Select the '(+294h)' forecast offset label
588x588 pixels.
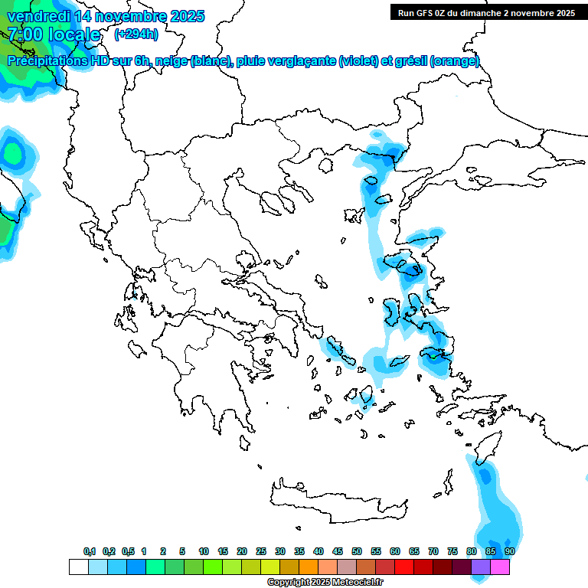pyautogui.click(x=136, y=34)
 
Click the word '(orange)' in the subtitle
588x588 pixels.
pyautogui.click(x=455, y=61)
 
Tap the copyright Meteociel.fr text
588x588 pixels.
pyautogui.click(x=325, y=583)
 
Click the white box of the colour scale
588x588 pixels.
pyautogui.click(x=78, y=567)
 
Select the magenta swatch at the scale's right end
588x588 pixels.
pyautogui.click(x=500, y=567)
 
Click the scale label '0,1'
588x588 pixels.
pyautogui.click(x=89, y=552)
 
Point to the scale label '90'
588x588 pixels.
pyautogui.click(x=510, y=552)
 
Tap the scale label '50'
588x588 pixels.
pyautogui.click(x=357, y=552)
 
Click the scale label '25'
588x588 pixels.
pyautogui.click(x=261, y=552)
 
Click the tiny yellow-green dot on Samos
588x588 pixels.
pyautogui.click(x=433, y=355)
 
